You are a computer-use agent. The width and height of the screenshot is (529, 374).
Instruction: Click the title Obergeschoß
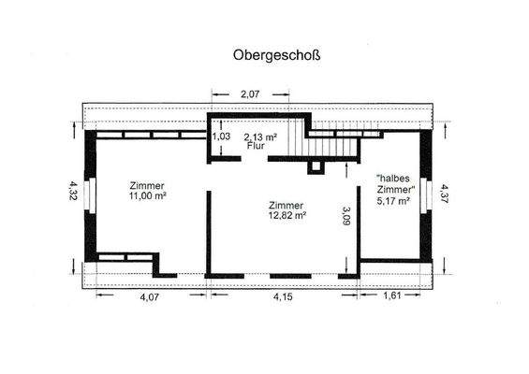[x=276, y=55]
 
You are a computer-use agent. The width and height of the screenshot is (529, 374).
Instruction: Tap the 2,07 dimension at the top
[x=248, y=94]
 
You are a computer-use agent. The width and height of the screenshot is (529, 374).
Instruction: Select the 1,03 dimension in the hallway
[x=222, y=137]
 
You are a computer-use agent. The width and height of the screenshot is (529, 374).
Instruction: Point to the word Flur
[x=256, y=147]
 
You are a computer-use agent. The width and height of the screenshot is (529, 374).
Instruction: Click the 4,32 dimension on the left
[x=72, y=190]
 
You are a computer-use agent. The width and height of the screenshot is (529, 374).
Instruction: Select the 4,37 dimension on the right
[x=445, y=194]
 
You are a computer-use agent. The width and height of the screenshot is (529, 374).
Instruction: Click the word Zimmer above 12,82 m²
[x=285, y=205]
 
